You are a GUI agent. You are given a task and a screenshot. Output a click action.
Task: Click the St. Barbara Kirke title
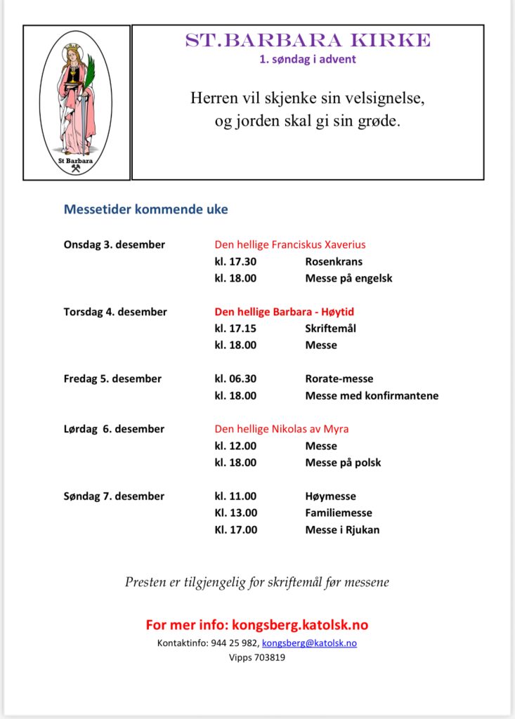[x=308, y=41]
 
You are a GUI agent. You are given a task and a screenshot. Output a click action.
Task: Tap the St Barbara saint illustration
[x=77, y=103]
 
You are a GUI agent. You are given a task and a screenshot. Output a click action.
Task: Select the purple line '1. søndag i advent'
[x=308, y=60]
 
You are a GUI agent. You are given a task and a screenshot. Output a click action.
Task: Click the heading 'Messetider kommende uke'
[x=146, y=209]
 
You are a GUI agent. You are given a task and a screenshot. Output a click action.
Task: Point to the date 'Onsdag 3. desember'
[x=115, y=244]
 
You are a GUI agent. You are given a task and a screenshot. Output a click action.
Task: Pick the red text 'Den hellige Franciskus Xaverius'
[x=290, y=244]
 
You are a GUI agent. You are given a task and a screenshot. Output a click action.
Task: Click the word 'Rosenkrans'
[x=334, y=261]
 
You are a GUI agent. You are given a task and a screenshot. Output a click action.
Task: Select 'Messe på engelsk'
[x=348, y=278]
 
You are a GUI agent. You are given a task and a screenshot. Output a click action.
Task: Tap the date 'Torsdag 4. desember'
[x=115, y=312]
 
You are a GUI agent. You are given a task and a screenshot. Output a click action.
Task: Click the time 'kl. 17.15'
[x=235, y=328]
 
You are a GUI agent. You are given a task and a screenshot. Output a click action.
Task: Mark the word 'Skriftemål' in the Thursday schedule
[x=330, y=328]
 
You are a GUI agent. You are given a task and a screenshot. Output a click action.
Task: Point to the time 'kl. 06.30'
[x=235, y=378]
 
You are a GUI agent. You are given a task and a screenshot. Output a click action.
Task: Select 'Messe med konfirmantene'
[x=372, y=395]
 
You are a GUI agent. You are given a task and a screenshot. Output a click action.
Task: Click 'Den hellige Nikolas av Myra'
[x=282, y=429]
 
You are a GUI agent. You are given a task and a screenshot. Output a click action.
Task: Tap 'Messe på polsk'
[x=343, y=463]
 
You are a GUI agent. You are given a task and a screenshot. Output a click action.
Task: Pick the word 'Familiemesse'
[x=339, y=513]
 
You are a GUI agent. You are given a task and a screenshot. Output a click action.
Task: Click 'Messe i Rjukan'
[x=342, y=529]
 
